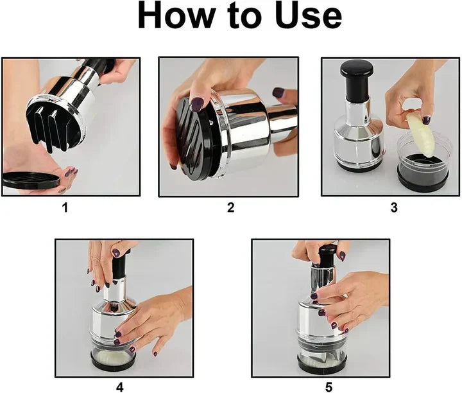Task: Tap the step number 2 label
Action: click(x=230, y=207)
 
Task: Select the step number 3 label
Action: click(x=393, y=207)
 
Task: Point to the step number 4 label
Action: click(x=119, y=387)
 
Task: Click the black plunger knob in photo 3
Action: click(x=357, y=76)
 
